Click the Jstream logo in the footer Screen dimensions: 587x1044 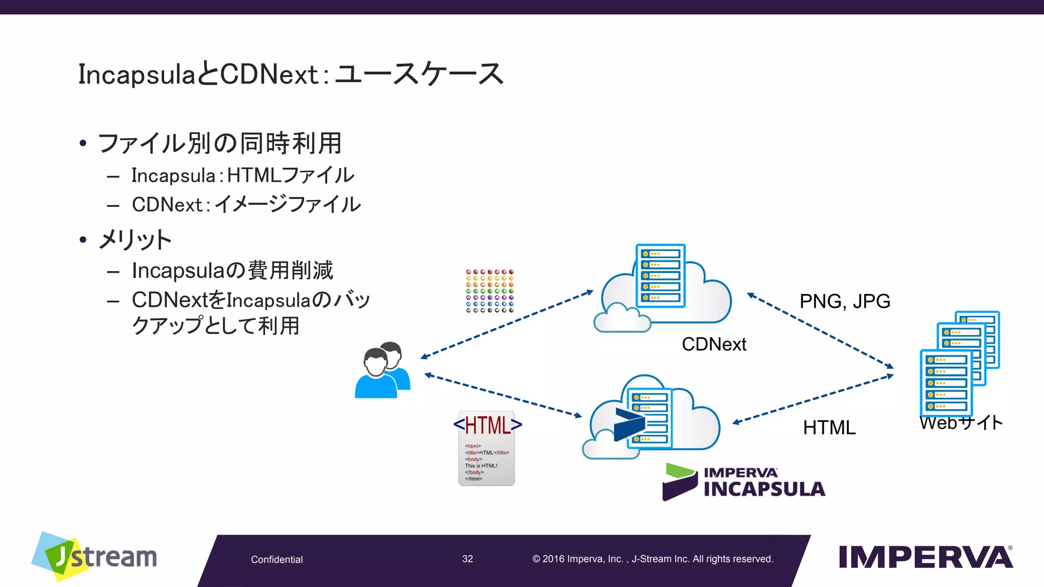click(x=94, y=556)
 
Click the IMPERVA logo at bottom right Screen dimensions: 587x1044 click(x=925, y=557)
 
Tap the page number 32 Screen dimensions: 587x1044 click(x=467, y=559)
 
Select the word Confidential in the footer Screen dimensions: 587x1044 click(x=277, y=559)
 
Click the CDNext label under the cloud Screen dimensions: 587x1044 click(x=714, y=344)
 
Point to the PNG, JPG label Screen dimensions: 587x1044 click(x=845, y=301)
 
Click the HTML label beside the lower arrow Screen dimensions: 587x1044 click(x=829, y=428)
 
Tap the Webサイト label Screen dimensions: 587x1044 click(x=961, y=422)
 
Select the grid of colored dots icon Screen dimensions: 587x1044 click(x=489, y=291)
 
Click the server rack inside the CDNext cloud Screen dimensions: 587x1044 click(x=660, y=275)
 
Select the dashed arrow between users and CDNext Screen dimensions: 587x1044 click(x=507, y=325)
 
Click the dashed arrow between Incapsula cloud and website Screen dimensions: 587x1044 click(x=813, y=399)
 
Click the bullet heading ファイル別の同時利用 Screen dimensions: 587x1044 click(x=219, y=143)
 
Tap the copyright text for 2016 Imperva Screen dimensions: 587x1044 click(x=652, y=559)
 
